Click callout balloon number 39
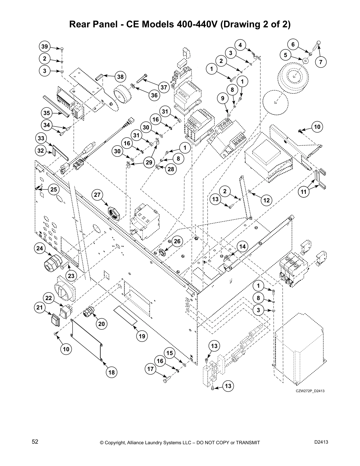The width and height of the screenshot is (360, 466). pos(44,46)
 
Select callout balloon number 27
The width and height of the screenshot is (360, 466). pos(97,195)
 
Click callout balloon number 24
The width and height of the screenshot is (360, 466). pos(40,248)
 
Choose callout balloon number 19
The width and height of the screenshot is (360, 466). pos(142,336)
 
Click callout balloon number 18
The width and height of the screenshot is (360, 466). pos(111,372)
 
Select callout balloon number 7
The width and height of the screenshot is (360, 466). pos(321,62)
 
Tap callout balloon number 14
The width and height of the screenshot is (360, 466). pos(242,247)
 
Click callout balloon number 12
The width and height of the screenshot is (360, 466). pos(266,200)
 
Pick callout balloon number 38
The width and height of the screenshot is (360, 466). pos(120,77)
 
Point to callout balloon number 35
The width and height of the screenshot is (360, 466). pos(46,113)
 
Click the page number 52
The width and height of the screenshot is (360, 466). pos(35,442)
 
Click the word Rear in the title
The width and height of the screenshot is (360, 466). pos(79,25)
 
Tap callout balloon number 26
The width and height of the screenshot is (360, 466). pos(177,241)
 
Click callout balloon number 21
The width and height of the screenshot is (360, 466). pos(40,308)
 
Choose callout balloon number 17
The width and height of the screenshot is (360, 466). pos(151,369)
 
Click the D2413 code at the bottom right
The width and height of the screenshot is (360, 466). pos(321,442)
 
